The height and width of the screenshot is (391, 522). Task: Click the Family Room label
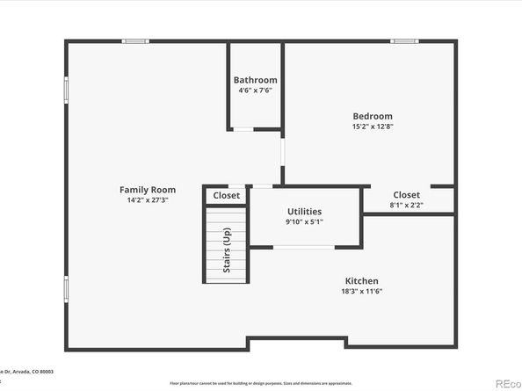tap(148, 189)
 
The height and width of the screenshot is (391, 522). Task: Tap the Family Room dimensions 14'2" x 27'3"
tap(148, 199)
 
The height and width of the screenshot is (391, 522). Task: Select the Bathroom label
tap(255, 80)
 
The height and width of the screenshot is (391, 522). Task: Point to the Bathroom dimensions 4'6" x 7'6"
tap(255, 91)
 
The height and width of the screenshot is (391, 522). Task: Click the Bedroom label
tap(373, 116)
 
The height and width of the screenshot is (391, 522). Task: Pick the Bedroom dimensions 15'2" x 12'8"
tap(373, 127)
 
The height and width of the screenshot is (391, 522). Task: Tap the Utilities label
tap(304, 211)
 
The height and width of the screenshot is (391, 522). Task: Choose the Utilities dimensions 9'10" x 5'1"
tap(304, 221)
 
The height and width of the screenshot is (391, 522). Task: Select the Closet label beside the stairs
tap(227, 196)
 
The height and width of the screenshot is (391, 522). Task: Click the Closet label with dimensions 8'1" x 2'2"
tap(406, 194)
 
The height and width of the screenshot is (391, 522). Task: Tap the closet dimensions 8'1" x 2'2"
tap(406, 205)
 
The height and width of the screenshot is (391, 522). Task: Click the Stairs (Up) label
tap(226, 250)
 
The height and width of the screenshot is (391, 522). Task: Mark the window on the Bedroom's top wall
tap(403, 40)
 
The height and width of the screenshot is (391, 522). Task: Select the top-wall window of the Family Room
tap(134, 40)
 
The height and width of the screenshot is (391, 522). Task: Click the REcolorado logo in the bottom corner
tap(507, 383)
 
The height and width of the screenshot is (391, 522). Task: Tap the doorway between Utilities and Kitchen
tap(303, 247)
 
